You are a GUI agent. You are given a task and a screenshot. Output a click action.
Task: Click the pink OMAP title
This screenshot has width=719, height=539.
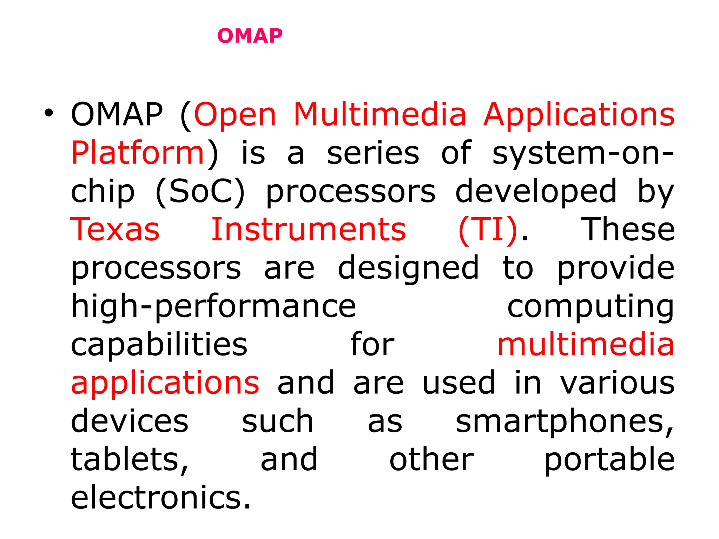click(250, 36)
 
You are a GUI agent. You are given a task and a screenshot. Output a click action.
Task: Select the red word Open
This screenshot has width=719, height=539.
click(235, 115)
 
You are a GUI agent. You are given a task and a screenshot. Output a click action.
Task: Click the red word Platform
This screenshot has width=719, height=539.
click(138, 153)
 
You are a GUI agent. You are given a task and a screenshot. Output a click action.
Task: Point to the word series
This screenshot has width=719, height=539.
click(373, 153)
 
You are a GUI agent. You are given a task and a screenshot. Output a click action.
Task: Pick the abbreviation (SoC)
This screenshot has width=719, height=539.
click(200, 192)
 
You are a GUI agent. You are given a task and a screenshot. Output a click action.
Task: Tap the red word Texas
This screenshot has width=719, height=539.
click(115, 229)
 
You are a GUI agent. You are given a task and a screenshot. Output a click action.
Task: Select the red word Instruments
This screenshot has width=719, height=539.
click(309, 229)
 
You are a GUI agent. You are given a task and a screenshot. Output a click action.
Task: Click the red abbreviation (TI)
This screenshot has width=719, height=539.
click(488, 229)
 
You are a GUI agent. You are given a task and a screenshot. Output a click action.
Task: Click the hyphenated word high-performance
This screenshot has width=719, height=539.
click(213, 306)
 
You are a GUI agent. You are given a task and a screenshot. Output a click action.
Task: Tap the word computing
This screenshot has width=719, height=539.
click(591, 306)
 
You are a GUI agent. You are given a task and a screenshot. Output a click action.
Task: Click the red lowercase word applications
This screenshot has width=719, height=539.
click(165, 383)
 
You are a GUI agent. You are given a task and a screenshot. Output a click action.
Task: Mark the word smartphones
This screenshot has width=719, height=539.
click(565, 421)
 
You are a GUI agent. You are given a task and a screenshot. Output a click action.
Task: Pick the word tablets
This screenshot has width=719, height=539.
click(130, 459)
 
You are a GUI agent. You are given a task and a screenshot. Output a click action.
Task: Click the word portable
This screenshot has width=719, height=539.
click(609, 459)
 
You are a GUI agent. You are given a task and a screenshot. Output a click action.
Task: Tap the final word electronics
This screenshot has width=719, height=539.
click(161, 497)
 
